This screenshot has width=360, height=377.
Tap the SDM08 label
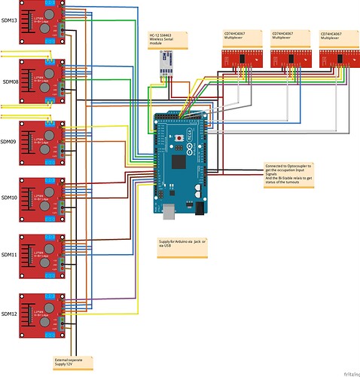[x=10, y=80]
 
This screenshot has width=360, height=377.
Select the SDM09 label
[x=10, y=139]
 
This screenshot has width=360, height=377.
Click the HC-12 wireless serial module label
[x=167, y=40]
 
